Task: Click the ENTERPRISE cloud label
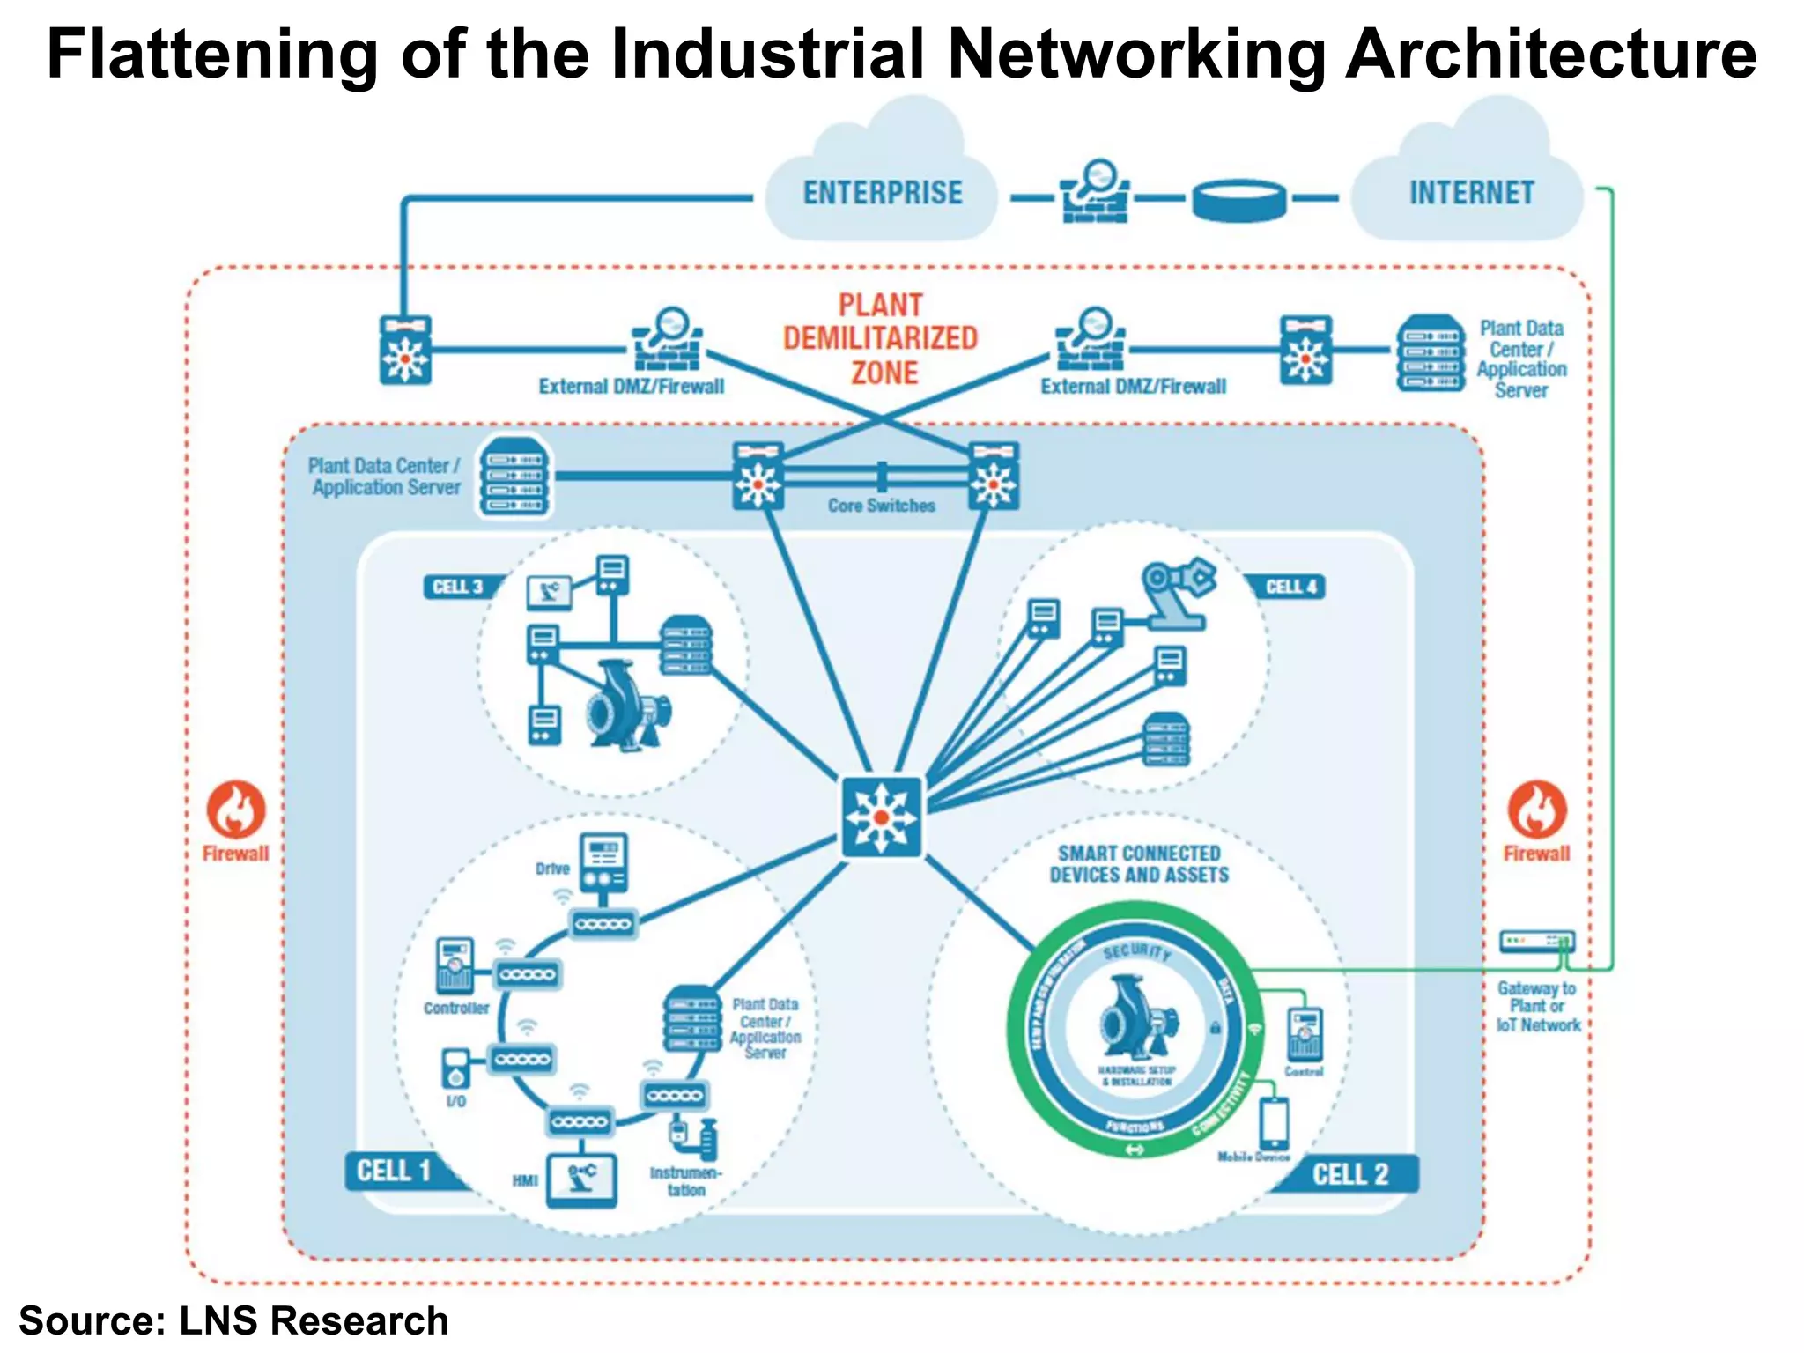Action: [882, 193]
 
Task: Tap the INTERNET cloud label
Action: [1471, 193]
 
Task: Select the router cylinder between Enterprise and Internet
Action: [1238, 200]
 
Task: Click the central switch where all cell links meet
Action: [881, 817]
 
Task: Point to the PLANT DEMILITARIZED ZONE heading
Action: [881, 338]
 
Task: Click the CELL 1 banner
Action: [394, 1171]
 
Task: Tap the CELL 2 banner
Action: [1349, 1174]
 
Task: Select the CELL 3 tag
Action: [457, 587]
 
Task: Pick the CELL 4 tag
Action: [1290, 587]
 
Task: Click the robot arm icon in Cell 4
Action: [1176, 593]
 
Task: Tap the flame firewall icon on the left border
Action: [236, 809]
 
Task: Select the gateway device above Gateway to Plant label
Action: [1536, 941]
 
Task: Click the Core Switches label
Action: [881, 506]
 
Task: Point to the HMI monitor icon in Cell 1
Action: [581, 1180]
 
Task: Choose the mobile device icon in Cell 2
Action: [1274, 1122]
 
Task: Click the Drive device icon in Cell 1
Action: [603, 864]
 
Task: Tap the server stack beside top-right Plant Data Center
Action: [1431, 353]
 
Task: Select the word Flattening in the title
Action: [212, 55]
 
